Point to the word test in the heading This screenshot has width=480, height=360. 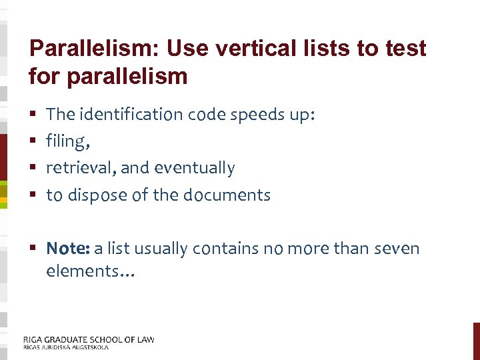[x=403, y=49]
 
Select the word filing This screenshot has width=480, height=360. [x=67, y=141]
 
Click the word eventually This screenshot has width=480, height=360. [x=195, y=168]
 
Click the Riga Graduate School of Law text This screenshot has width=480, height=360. [x=89, y=339]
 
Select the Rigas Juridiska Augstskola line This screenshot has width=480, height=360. [x=65, y=347]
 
